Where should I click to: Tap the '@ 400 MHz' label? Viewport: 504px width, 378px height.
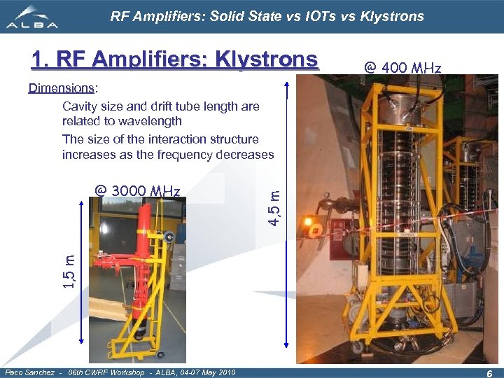tap(402, 68)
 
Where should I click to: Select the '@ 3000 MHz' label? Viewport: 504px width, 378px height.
tap(138, 191)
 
